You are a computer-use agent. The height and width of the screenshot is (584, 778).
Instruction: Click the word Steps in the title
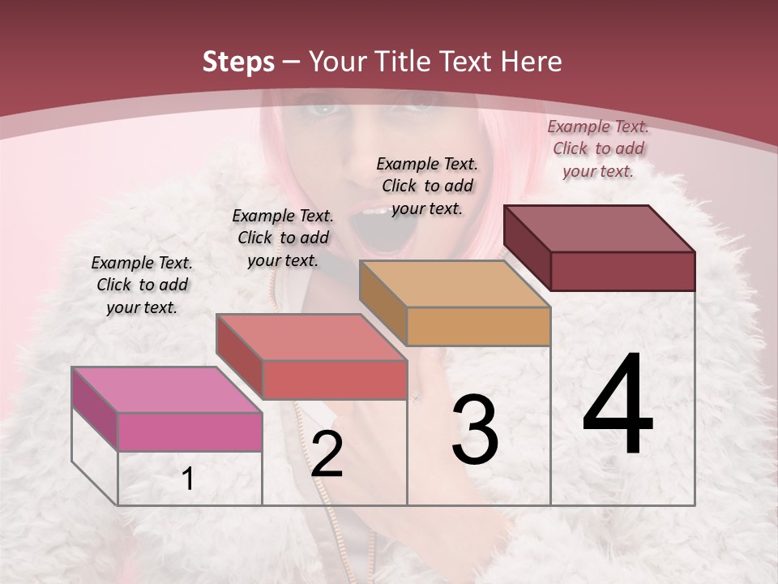[238, 62]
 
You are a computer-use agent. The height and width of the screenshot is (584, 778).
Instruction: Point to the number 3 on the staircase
[475, 430]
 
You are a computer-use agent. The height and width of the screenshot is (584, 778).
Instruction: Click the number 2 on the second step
[327, 454]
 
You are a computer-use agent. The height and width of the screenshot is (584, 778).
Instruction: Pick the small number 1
[188, 479]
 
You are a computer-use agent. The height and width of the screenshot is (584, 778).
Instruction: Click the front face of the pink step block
[190, 432]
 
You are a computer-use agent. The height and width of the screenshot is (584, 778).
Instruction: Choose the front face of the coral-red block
[334, 380]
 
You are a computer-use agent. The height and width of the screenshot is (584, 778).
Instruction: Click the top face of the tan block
[455, 284]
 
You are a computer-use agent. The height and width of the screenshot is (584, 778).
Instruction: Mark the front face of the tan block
[478, 326]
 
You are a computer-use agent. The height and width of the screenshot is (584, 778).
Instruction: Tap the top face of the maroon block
[599, 228]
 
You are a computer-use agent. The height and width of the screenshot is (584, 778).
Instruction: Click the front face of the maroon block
[622, 271]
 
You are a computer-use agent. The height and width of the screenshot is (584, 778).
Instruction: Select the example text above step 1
[142, 285]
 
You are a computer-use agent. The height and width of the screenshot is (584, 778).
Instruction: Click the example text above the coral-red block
[283, 238]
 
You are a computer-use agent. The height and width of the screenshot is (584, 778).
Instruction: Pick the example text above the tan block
[427, 186]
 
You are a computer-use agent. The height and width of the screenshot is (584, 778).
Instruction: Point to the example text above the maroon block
[598, 148]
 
